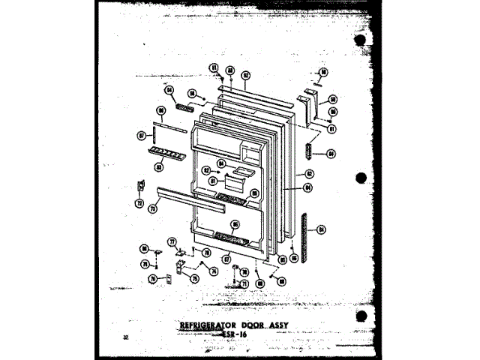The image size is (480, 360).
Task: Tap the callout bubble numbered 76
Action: [151, 279]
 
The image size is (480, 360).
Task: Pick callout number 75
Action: [196, 278]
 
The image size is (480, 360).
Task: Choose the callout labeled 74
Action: [214, 271]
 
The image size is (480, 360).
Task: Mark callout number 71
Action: [244, 283]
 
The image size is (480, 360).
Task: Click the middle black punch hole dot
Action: [362, 178]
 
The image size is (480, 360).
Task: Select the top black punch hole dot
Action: [362, 39]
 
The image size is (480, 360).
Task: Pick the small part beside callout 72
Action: [139, 186]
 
